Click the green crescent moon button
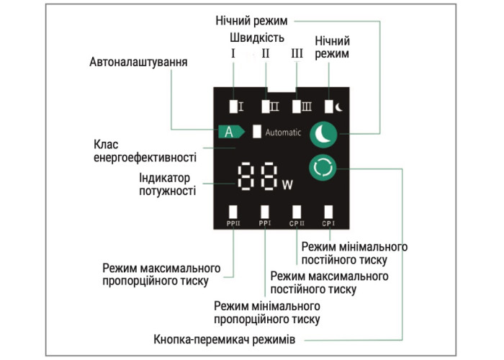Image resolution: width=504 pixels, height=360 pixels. pos(323,134)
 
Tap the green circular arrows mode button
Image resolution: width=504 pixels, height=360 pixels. pos(323,168)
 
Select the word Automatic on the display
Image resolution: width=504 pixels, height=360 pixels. pos(283,132)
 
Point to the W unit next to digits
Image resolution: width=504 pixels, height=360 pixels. pos(288,184)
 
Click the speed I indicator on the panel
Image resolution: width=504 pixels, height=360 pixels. pos(235,107)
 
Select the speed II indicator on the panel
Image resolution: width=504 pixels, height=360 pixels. pos(269,107)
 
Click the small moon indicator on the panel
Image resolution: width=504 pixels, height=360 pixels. pos(333,107)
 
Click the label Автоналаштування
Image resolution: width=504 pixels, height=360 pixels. pos(139,63)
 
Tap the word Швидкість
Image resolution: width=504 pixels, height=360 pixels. pos(257,37)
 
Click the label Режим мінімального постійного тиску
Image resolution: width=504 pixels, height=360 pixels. pos(354,253)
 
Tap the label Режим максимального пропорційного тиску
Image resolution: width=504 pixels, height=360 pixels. pos(156,274)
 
